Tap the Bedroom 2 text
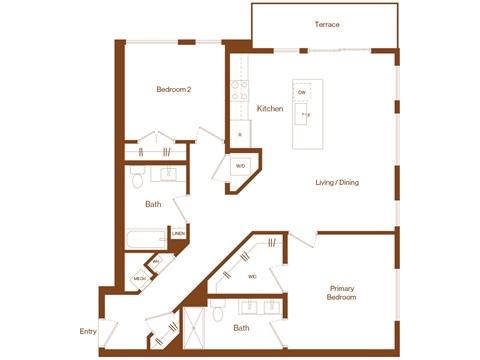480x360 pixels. [173, 90]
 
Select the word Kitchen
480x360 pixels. [270, 108]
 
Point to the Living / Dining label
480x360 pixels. [337, 182]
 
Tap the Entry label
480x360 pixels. [89, 332]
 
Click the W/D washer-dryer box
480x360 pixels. [240, 166]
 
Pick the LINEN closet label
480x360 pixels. [178, 234]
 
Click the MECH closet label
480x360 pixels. [140, 278]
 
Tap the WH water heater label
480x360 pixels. [156, 262]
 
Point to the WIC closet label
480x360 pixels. [253, 276]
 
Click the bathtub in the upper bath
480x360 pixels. [147, 241]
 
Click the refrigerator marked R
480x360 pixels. [239, 133]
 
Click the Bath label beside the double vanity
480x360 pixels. [241, 327]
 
